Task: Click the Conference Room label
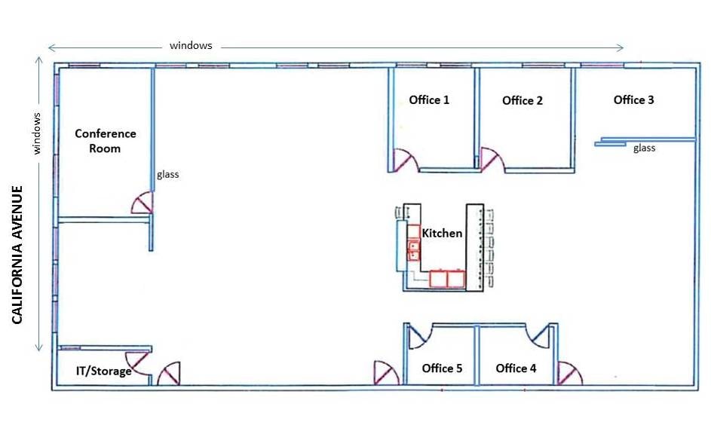click(x=106, y=141)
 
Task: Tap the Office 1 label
click(x=429, y=99)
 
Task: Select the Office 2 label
click(x=523, y=100)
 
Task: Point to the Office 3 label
click(x=633, y=99)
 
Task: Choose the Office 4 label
click(x=516, y=368)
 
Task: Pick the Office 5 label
click(x=442, y=368)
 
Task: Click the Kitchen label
click(x=442, y=234)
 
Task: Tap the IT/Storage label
click(x=104, y=371)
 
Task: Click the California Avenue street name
click(x=17, y=255)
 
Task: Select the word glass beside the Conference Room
click(x=168, y=174)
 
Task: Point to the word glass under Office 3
click(x=645, y=148)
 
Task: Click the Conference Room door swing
click(x=143, y=203)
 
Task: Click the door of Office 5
click(x=418, y=337)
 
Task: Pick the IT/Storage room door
click(x=137, y=363)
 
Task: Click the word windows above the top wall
click(x=191, y=45)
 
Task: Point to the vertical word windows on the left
click(x=37, y=133)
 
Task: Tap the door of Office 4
click(x=541, y=336)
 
